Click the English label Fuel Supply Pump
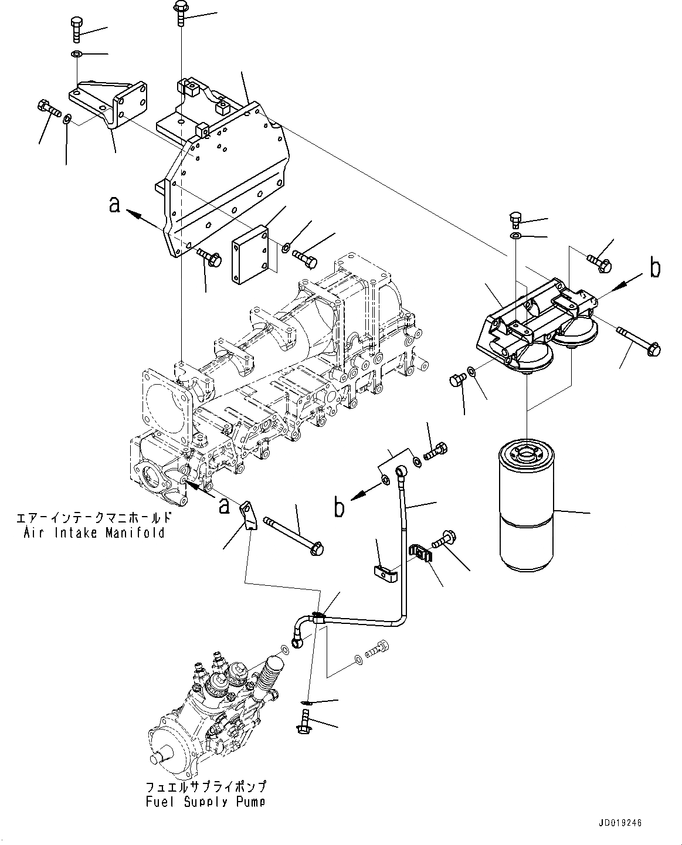(x=205, y=801)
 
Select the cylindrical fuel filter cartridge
(x=526, y=508)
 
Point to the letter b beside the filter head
(x=654, y=268)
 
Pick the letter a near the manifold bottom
(x=223, y=505)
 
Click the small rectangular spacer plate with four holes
(x=250, y=259)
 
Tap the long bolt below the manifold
(x=294, y=534)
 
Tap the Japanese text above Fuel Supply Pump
(x=205, y=786)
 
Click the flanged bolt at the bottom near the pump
(x=303, y=722)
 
